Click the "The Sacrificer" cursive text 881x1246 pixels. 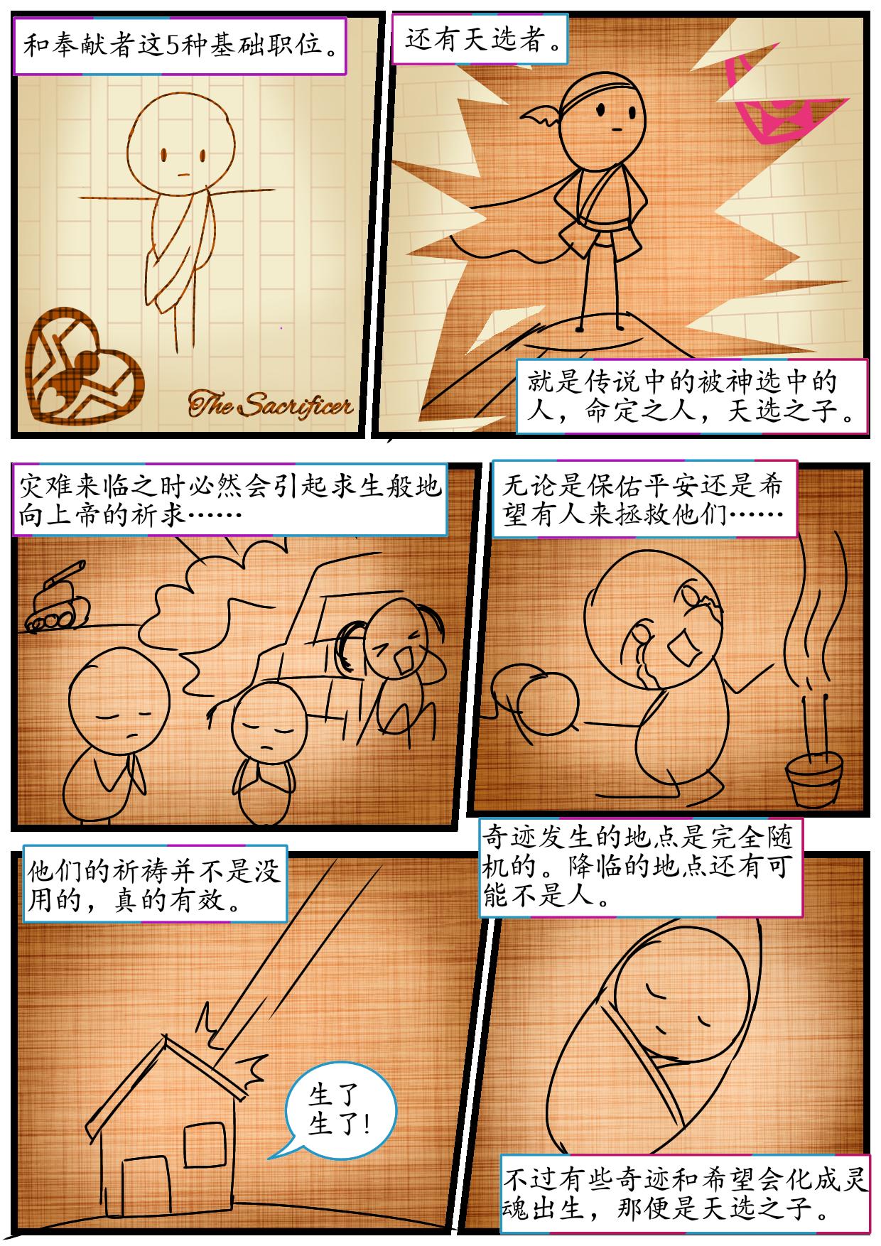click(x=270, y=406)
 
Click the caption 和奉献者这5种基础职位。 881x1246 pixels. click(x=180, y=47)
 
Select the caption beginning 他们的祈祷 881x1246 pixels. click(x=154, y=883)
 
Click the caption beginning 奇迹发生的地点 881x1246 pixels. click(x=642, y=865)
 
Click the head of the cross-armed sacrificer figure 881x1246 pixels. click(x=183, y=139)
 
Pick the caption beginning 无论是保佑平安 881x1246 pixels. click(x=644, y=498)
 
